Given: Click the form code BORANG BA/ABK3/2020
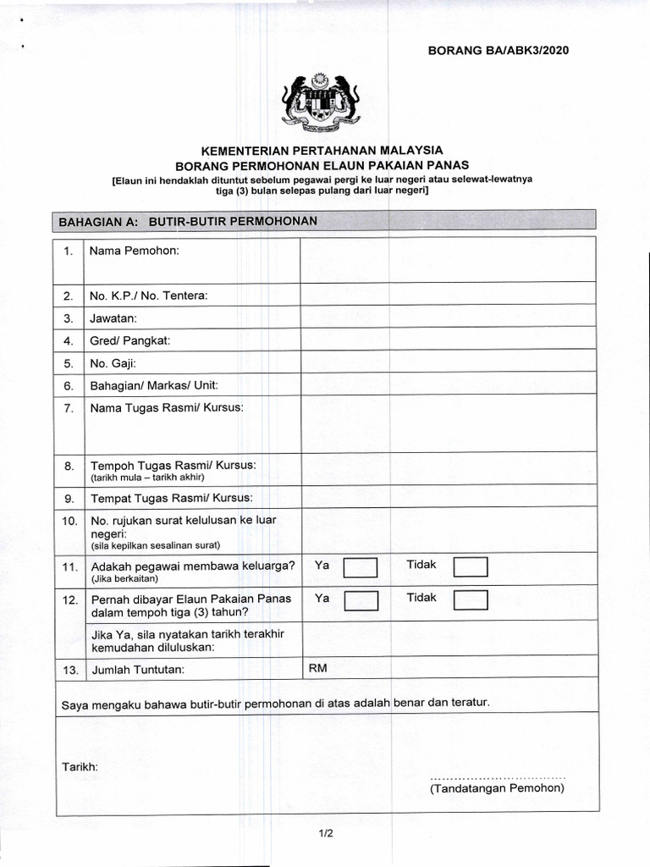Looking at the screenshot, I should (x=499, y=50).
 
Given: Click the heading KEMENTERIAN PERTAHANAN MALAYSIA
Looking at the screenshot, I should (x=322, y=149).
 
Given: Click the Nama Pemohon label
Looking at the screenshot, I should (x=135, y=251).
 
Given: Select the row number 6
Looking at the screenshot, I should (x=69, y=385).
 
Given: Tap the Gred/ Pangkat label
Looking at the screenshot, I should (x=130, y=340).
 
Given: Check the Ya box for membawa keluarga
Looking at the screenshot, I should (x=361, y=567).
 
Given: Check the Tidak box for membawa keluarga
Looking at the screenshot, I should (x=471, y=567).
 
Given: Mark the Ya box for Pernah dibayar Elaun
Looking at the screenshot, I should (x=361, y=600).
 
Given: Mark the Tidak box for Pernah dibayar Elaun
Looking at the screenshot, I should (x=471, y=600).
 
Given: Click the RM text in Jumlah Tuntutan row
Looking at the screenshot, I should (x=317, y=668).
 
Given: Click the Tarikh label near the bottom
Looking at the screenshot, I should (x=80, y=766).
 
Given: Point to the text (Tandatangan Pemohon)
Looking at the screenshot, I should (x=497, y=788).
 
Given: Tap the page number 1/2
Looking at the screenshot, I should (x=326, y=834).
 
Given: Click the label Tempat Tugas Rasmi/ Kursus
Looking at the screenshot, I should (x=171, y=497).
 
